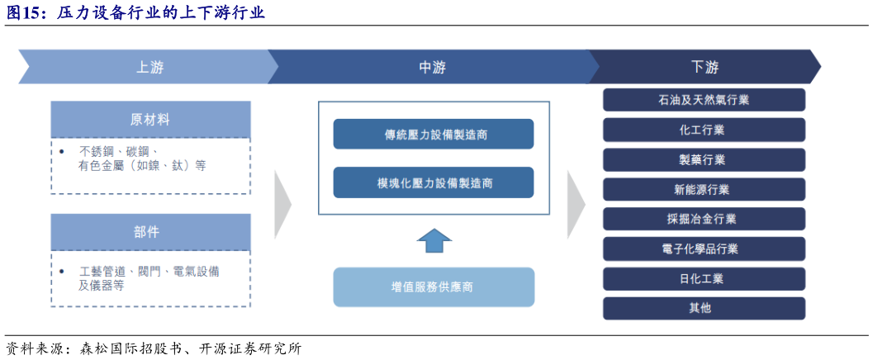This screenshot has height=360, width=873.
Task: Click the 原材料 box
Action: pyautogui.click(x=150, y=120)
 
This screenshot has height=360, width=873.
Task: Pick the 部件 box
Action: pyautogui.click(x=150, y=232)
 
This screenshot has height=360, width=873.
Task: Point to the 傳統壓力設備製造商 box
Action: pyautogui.click(x=434, y=134)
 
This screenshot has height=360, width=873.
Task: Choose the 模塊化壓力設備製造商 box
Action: pyautogui.click(x=434, y=182)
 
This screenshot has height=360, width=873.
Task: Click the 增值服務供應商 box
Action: pyautogui.click(x=434, y=287)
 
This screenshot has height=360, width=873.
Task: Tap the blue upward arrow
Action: pyautogui.click(x=434, y=240)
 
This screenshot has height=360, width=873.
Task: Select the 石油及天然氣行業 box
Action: pyautogui.click(x=704, y=100)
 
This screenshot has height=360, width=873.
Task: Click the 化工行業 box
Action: pyautogui.click(x=704, y=130)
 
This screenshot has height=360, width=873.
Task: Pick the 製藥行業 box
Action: pyautogui.click(x=704, y=159)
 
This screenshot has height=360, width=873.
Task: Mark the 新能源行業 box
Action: pyautogui.click(x=704, y=189)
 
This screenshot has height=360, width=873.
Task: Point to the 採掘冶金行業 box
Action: pyautogui.click(x=704, y=219)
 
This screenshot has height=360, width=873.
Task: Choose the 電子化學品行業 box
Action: pyautogui.click(x=704, y=249)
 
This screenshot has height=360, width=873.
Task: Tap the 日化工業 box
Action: pyautogui.click(x=704, y=278)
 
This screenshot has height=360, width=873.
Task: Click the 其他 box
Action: pyautogui.click(x=704, y=308)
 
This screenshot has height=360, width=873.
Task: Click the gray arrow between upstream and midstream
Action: pyautogui.click(x=282, y=204)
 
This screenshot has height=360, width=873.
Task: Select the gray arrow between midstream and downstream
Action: pyautogui.click(x=576, y=204)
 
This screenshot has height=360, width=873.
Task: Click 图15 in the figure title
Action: pyautogui.click(x=26, y=12)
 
